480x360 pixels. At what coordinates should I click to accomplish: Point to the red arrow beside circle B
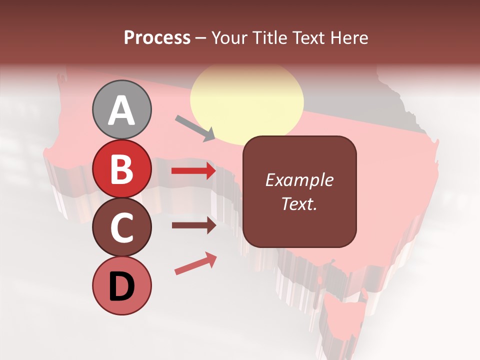[193, 171]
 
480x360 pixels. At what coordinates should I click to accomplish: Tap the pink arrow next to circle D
[195, 263]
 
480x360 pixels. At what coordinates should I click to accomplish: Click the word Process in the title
[157, 37]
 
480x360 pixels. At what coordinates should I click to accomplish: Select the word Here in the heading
[350, 37]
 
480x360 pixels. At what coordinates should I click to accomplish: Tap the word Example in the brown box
[299, 180]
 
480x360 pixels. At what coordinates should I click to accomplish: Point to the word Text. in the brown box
[299, 203]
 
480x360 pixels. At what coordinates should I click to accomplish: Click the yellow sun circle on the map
[247, 101]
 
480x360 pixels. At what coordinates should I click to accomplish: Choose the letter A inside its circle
[122, 110]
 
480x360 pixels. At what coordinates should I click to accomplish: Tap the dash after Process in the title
[201, 38]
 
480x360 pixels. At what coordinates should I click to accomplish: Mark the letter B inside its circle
[122, 169]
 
